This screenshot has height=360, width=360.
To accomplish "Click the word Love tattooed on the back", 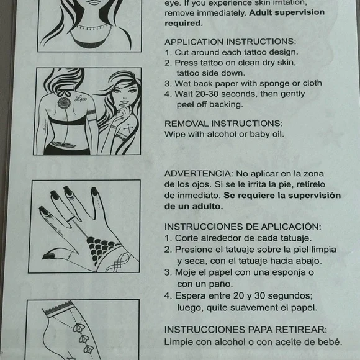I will click(79, 97).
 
